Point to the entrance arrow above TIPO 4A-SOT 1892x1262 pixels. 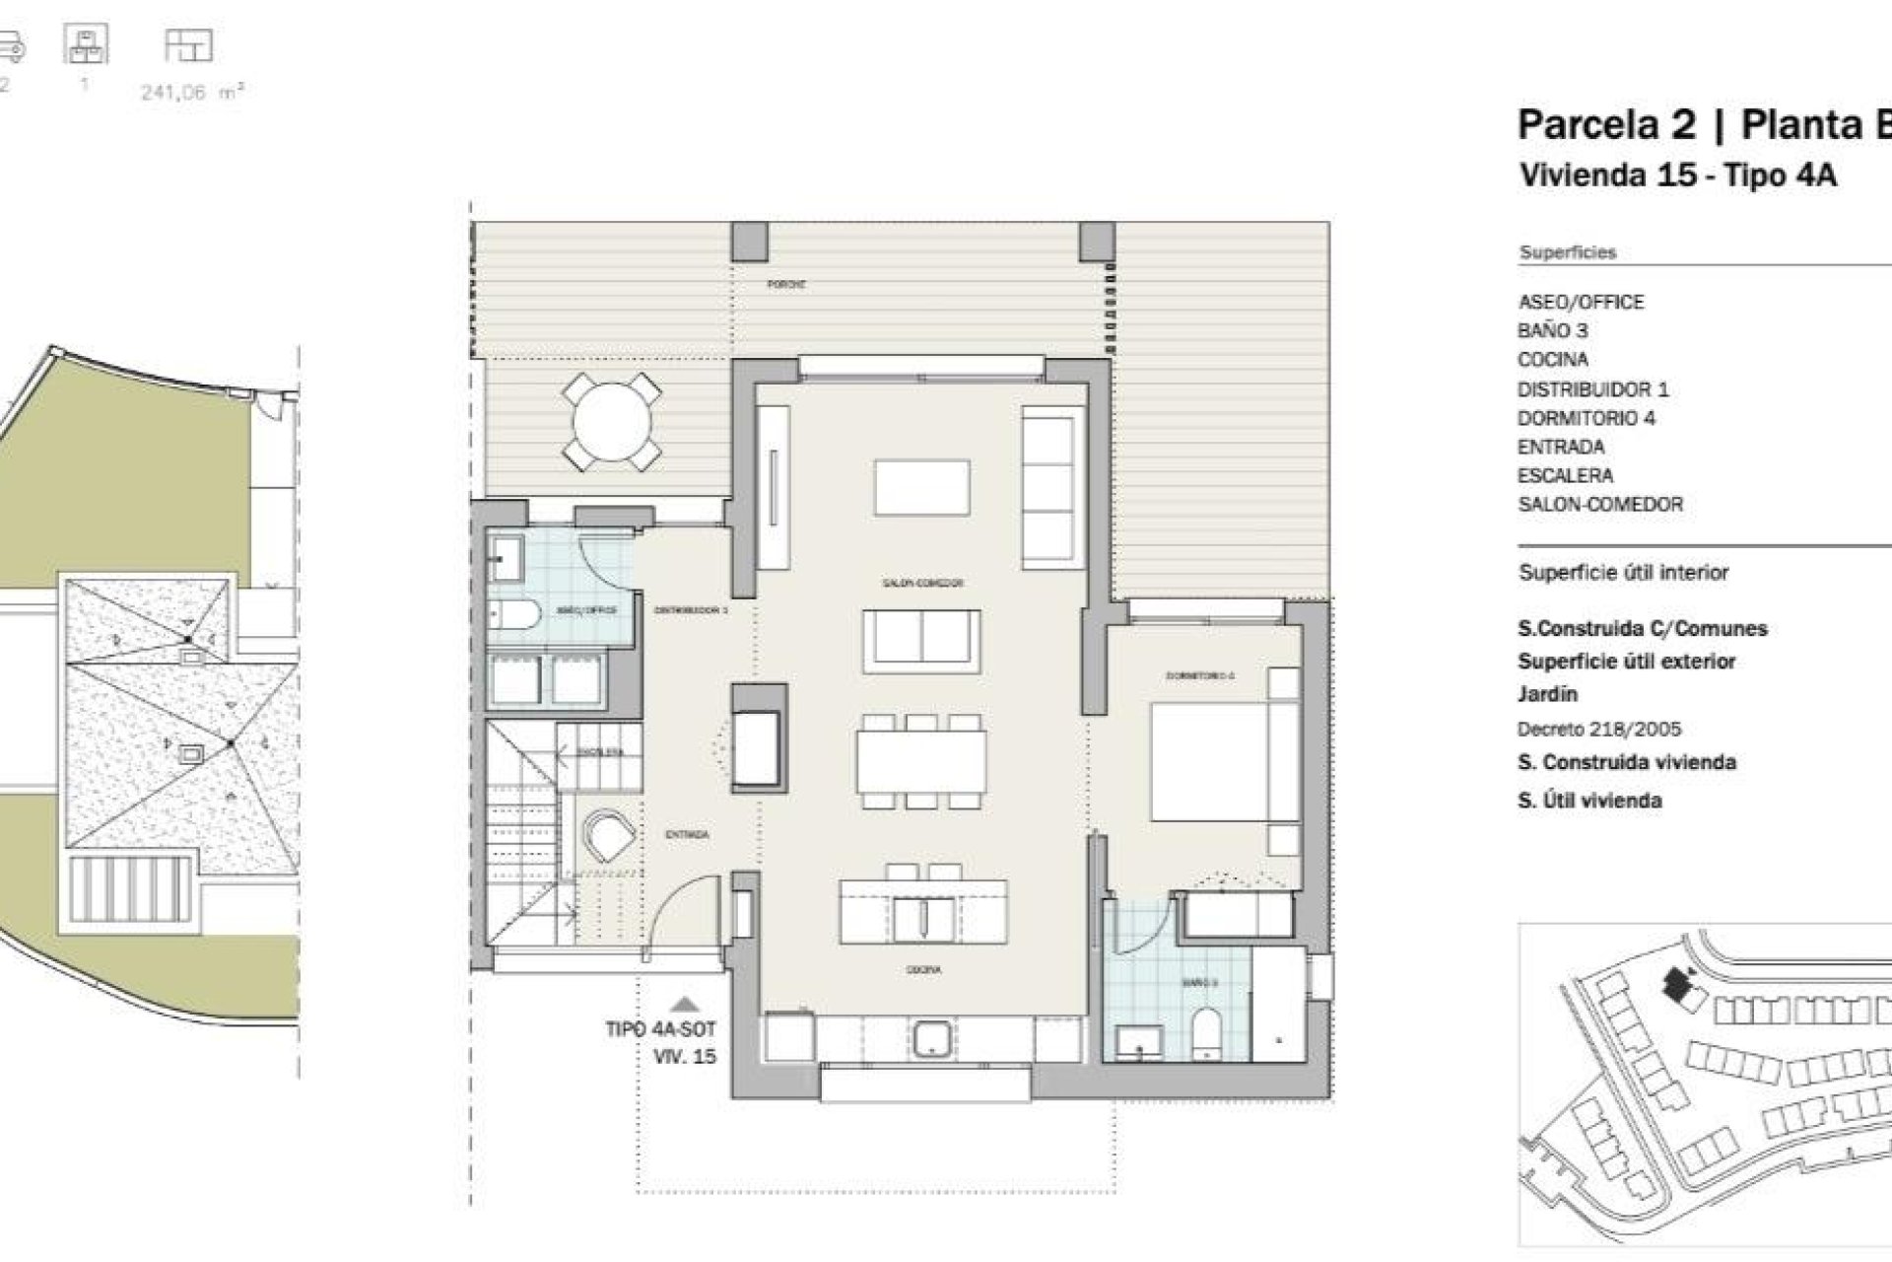tap(685, 1005)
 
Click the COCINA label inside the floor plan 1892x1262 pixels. tap(923, 970)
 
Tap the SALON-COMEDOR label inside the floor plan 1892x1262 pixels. tap(922, 583)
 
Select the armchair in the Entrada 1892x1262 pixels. tap(608, 835)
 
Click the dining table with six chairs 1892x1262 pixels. tap(920, 762)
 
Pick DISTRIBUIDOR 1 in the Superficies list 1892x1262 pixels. tap(1592, 389)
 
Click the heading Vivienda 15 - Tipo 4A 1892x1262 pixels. tap(1677, 175)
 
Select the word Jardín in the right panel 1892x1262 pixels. tap(1547, 694)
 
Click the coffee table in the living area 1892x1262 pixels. tap(921, 487)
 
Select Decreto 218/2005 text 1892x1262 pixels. tap(1598, 730)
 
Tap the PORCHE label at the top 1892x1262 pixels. tap(787, 284)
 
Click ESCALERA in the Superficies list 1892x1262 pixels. tap(1565, 475)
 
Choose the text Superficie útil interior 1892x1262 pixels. tap(1623, 572)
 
